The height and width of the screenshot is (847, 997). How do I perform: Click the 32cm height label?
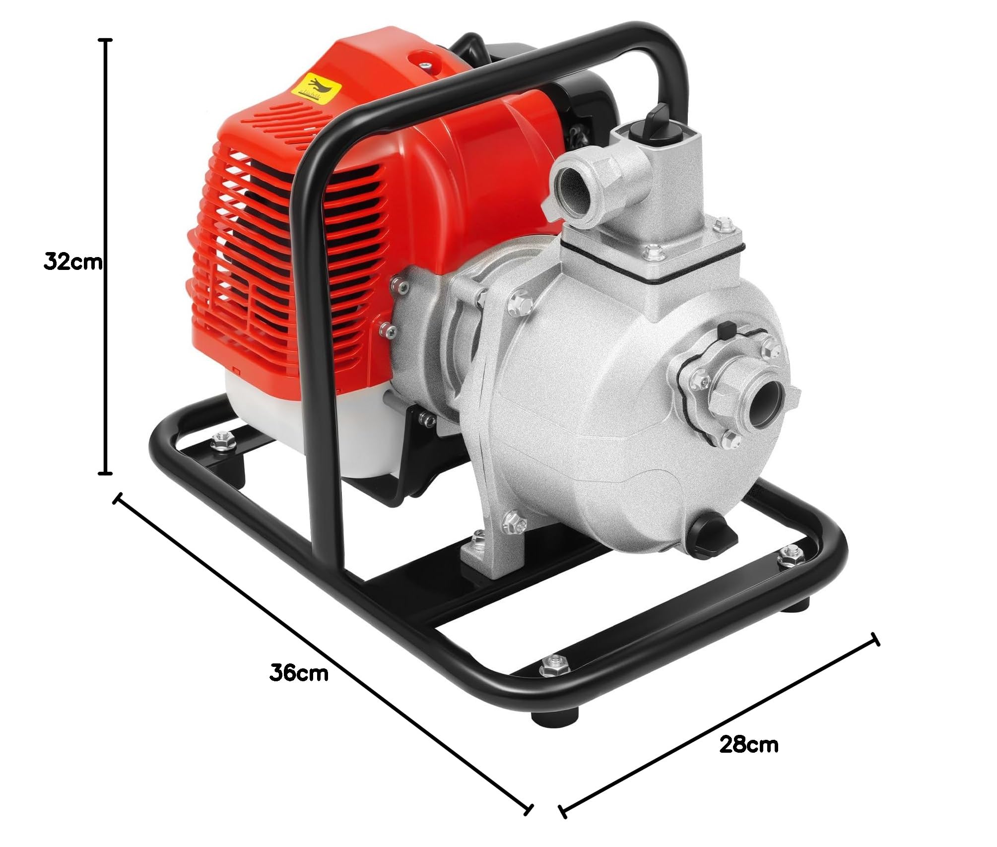coord(73,261)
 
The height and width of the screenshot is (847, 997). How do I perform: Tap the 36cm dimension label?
coord(299,673)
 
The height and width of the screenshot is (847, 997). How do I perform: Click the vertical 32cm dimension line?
coord(105,256)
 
